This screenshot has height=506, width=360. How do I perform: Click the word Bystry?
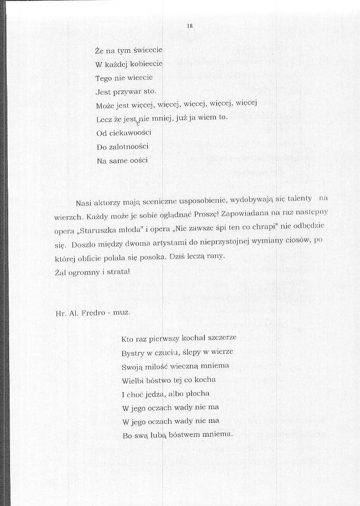[x=133, y=353]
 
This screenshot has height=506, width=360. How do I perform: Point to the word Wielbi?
[x=133, y=380]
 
